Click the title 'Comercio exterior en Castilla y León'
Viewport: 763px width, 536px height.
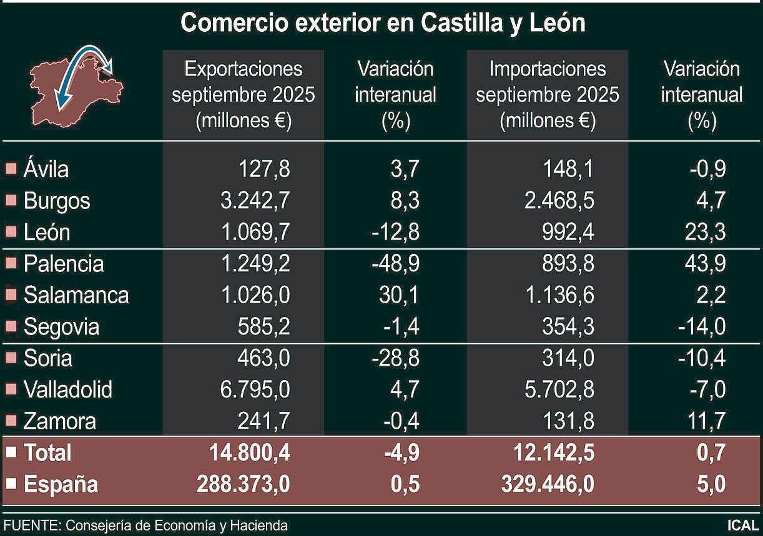pos(382,24)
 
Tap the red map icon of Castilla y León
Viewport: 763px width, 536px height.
pos(76,86)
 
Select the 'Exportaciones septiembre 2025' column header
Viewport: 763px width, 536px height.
pos(244,94)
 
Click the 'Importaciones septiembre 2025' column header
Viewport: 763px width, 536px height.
pos(547,94)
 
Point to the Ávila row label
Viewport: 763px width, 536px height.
pos(46,169)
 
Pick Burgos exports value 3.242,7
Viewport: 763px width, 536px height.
pos(256,201)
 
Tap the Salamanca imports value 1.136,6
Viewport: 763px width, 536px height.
pos(556,295)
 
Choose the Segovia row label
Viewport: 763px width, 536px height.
pos(61,327)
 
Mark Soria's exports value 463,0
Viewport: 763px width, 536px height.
pos(263,358)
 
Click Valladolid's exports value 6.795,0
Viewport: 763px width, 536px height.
pos(256,390)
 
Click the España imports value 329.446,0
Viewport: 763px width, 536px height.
pos(548,484)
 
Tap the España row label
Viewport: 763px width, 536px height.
pos(61,484)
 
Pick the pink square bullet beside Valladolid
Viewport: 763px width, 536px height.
pos(11,390)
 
